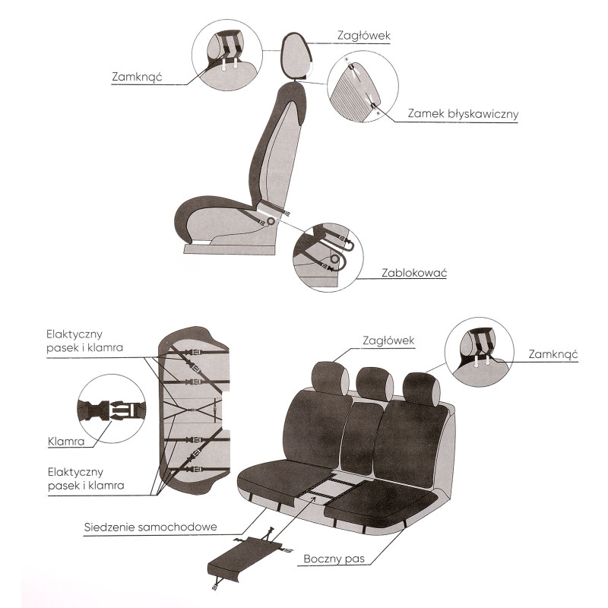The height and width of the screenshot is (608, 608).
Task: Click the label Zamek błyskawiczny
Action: [x=463, y=114]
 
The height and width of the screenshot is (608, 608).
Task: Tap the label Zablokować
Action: [x=414, y=273]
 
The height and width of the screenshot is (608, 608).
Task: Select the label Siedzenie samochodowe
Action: [x=150, y=527]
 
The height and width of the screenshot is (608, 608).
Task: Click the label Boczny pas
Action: [x=334, y=559]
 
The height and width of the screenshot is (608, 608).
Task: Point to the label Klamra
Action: [x=66, y=442]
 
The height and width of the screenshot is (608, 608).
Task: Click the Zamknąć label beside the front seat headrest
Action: [x=137, y=77]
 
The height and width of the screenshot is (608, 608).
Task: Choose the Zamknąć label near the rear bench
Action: [x=553, y=354]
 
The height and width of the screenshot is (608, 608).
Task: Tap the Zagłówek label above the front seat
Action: [x=364, y=36]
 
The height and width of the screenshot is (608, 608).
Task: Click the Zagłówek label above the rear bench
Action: [x=388, y=340]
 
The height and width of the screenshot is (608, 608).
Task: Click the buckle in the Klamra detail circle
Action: [x=111, y=410]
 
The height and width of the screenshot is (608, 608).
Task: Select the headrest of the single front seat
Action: [x=296, y=56]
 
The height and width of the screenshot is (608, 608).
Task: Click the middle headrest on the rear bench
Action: [x=374, y=384]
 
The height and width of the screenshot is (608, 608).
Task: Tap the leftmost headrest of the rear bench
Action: [x=330, y=378]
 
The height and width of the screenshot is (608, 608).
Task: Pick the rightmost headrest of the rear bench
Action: [x=422, y=389]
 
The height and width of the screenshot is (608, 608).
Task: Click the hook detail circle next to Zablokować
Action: [x=328, y=258]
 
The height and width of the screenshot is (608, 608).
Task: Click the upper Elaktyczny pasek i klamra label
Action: [x=84, y=340]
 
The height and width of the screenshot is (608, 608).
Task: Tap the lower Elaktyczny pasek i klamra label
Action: [x=86, y=479]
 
